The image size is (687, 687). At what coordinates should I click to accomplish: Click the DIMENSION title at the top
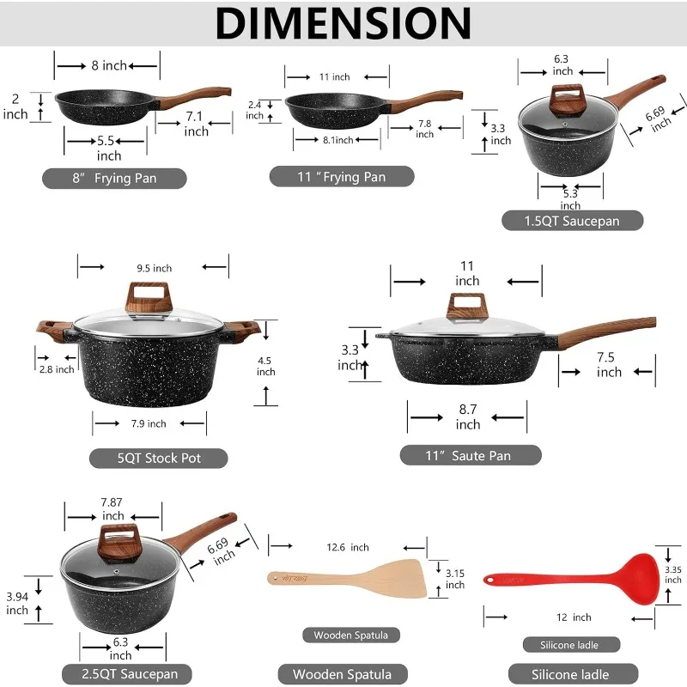343,23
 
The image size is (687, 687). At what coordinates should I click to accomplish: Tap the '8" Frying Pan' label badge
114,179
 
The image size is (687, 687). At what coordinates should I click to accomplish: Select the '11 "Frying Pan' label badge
342,177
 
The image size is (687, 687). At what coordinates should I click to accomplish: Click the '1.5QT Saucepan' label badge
572,221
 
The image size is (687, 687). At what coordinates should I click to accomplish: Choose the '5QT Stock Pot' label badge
159,458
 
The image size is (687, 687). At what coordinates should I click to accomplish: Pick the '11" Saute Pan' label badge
470,455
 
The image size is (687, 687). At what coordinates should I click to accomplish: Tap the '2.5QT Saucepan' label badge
125,673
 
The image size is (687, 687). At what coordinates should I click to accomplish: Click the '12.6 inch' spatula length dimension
348,547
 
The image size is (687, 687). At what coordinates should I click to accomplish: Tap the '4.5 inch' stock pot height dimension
266,366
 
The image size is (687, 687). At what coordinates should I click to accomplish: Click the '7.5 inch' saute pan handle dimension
609,364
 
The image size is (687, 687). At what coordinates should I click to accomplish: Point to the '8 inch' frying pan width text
108,65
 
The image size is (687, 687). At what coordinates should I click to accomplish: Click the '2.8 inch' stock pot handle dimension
58,369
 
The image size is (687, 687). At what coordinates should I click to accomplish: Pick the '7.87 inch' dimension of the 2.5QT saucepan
113,508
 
